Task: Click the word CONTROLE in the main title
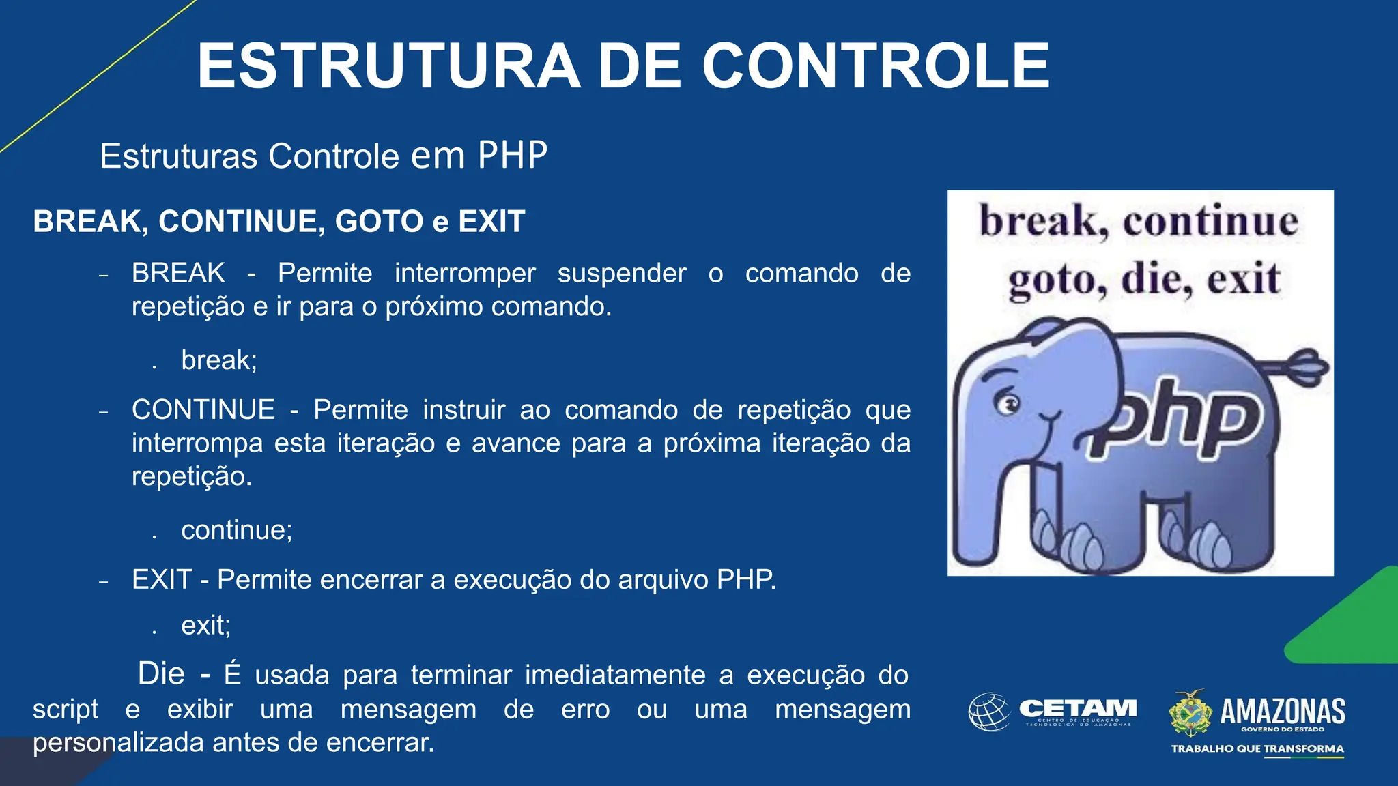pyautogui.click(x=876, y=66)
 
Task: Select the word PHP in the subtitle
pyautogui.click(x=512, y=156)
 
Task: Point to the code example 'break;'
pyautogui.click(x=219, y=360)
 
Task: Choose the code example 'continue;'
pyautogui.click(x=237, y=530)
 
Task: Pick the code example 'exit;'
pyautogui.click(x=206, y=625)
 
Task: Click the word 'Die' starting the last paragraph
pyautogui.click(x=161, y=673)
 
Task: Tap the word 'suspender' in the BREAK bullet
pyautogui.click(x=622, y=273)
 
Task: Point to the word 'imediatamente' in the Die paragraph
pyautogui.click(x=615, y=675)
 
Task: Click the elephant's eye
pyautogui.click(x=1007, y=404)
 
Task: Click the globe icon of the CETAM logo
pyautogui.click(x=989, y=712)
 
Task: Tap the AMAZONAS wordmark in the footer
pyautogui.click(x=1283, y=711)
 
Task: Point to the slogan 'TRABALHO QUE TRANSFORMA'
pyautogui.click(x=1257, y=748)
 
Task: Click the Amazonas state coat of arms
pyautogui.click(x=1190, y=712)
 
